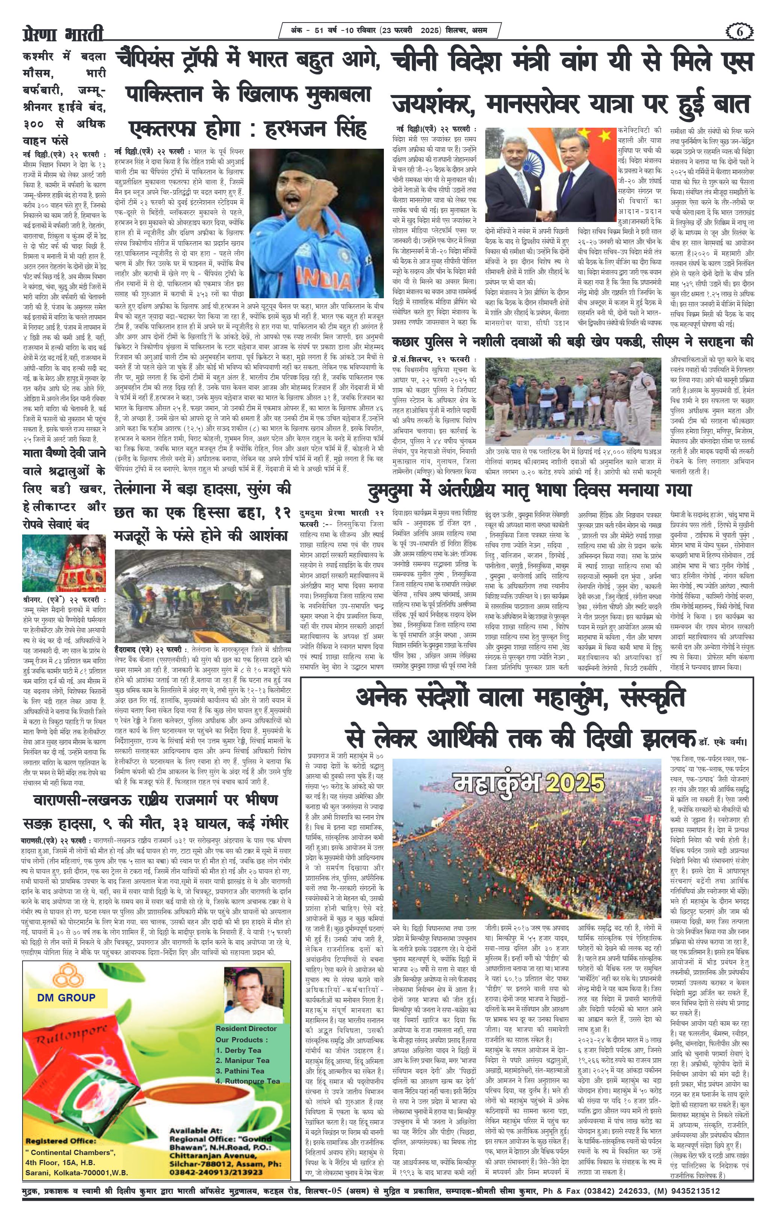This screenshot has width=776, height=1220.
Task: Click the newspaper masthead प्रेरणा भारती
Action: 63,35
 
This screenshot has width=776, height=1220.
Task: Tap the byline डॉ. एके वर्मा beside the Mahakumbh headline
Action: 722,742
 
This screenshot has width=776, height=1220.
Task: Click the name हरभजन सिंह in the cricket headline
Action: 317,130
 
